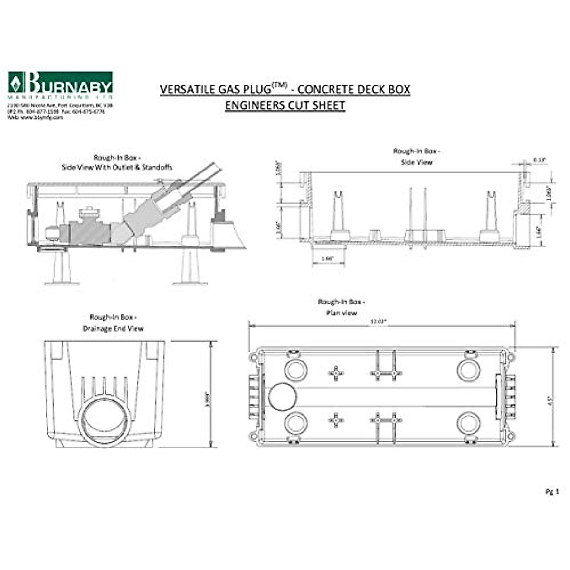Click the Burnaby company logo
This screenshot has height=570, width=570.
[60, 84]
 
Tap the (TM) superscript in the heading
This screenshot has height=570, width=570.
[279, 85]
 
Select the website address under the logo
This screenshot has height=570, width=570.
[35, 117]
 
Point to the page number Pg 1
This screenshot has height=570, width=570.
[552, 492]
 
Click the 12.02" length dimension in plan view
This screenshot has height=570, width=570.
[379, 321]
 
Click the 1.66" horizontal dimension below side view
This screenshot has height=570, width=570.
[328, 258]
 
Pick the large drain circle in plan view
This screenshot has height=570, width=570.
[283, 397]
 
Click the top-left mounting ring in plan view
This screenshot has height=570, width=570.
[296, 370]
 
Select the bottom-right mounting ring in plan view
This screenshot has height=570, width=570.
[469, 423]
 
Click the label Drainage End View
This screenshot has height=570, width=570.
[113, 328]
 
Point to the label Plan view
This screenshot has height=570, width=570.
[341, 313]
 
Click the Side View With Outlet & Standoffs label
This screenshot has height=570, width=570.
[117, 167]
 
